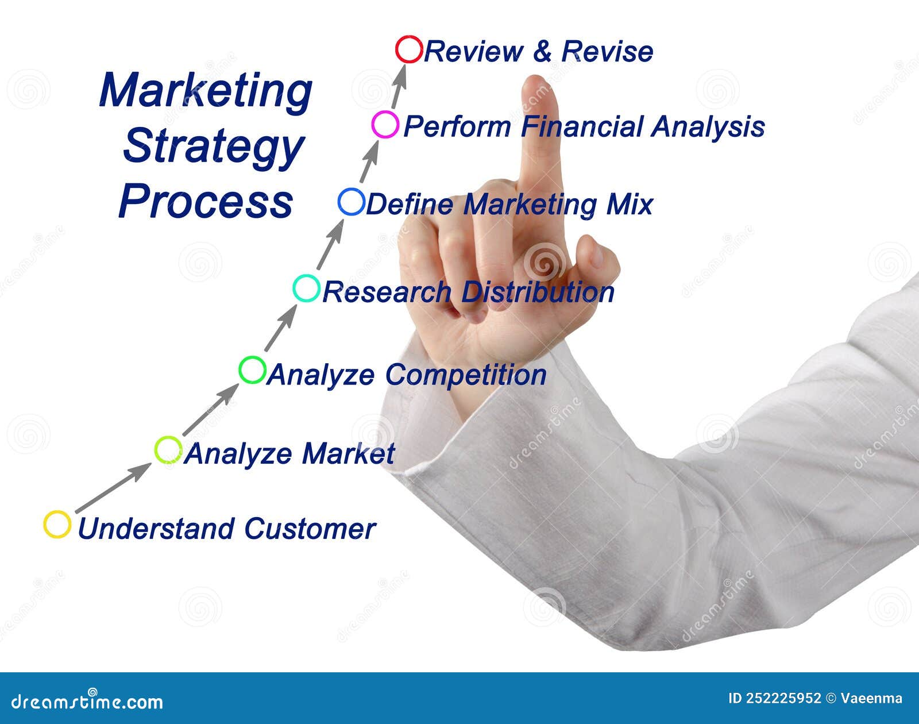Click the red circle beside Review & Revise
[x=409, y=49]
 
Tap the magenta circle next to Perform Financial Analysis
[x=385, y=125]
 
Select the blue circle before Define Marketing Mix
[x=352, y=202]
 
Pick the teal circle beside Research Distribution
[x=306, y=288]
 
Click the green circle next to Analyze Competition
[x=252, y=370]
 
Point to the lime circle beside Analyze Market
[x=168, y=450]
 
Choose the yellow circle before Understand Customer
[x=57, y=525]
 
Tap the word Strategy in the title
[x=213, y=147]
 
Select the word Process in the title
[x=206, y=201]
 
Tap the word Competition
[x=465, y=375]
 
